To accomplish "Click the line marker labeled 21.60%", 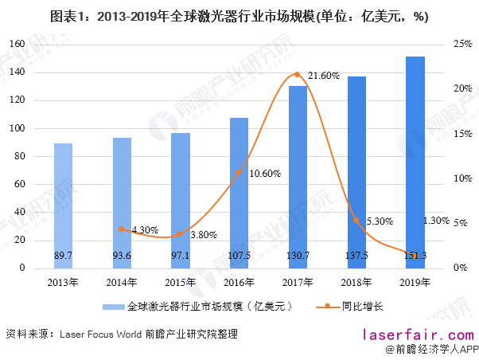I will (x=298, y=75).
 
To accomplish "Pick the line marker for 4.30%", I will (x=122, y=229).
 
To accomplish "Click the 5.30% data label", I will (x=379, y=221).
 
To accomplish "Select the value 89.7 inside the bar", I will (x=63, y=255).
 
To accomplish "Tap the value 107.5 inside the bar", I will (x=239, y=255).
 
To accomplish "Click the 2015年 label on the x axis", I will (x=180, y=282).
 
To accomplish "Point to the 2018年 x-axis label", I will (x=356, y=282).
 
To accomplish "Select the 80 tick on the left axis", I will (x=18, y=156).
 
